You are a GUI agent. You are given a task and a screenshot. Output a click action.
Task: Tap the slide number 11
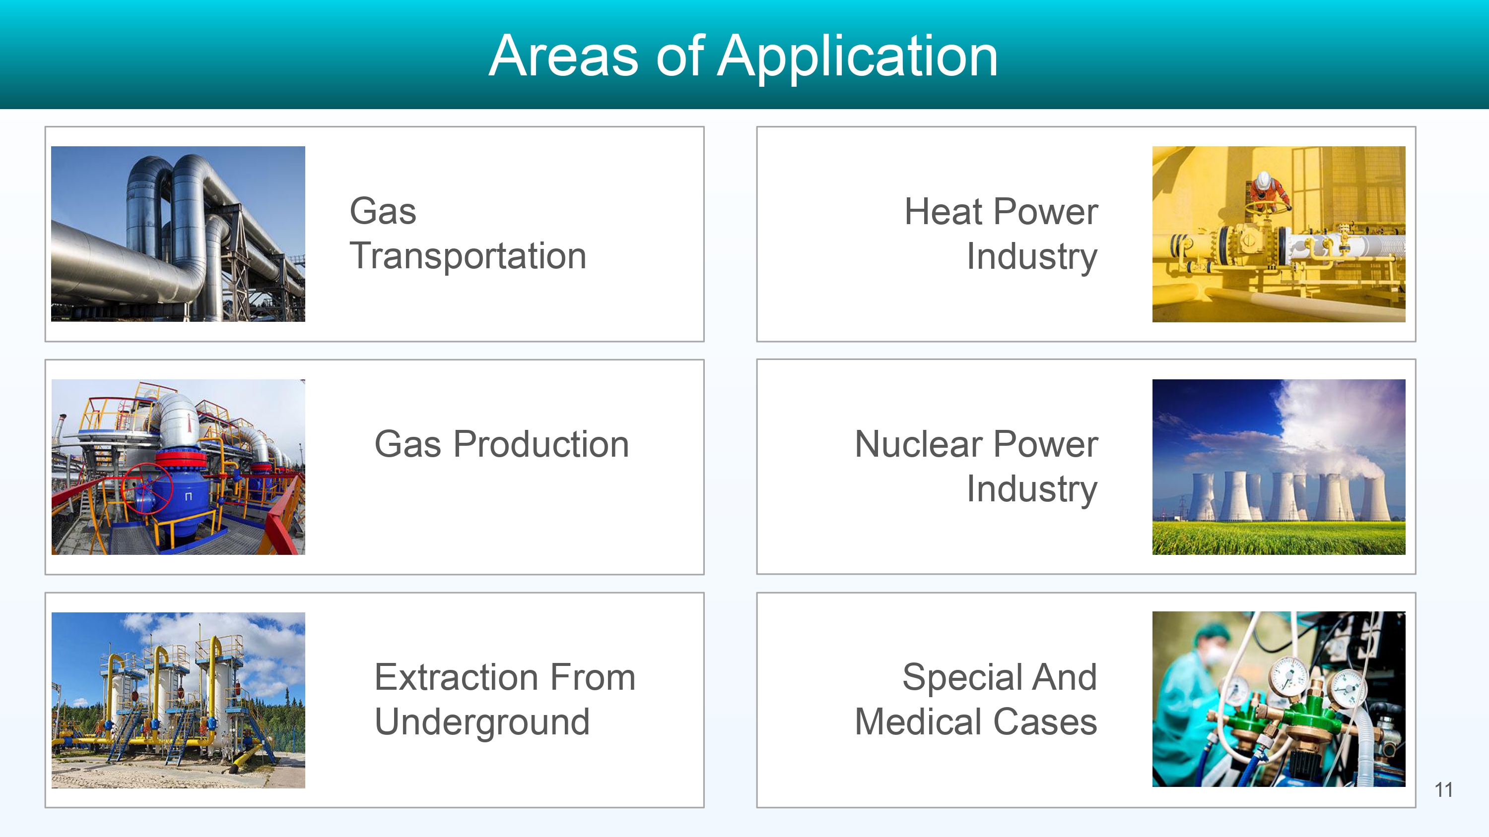click(1443, 789)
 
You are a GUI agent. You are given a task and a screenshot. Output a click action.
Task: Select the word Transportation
click(468, 256)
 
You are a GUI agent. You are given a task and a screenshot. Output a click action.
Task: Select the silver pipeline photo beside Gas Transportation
click(178, 234)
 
